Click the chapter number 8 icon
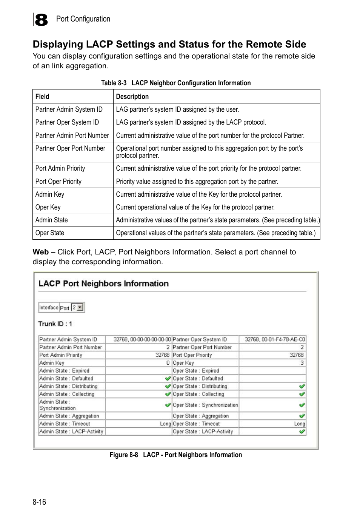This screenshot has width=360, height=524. point(41,20)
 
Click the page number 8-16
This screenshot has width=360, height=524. point(39,502)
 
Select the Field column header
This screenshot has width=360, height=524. point(42,97)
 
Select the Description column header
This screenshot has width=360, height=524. point(132,97)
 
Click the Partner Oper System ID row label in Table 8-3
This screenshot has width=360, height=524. point(67,122)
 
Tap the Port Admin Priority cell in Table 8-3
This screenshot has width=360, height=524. point(60,168)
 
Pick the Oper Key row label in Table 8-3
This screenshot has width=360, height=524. point(48,207)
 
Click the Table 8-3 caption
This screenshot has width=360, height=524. point(176,83)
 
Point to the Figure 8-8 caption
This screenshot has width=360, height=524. point(176,455)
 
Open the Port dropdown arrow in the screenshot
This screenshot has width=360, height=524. point(80,308)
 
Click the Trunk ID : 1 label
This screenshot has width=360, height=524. point(55,324)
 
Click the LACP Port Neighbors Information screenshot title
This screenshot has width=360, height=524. point(103,284)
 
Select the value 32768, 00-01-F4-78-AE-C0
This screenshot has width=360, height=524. point(275,339)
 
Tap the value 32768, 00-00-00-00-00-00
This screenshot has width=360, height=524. point(142,339)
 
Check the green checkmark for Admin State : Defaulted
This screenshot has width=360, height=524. point(168,379)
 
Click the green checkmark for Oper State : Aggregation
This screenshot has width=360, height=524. point(302,416)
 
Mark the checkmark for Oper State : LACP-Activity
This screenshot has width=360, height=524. point(302,432)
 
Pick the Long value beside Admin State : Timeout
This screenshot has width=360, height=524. point(165,424)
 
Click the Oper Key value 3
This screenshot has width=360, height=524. point(302,363)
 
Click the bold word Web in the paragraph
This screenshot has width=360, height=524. point(41,252)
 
